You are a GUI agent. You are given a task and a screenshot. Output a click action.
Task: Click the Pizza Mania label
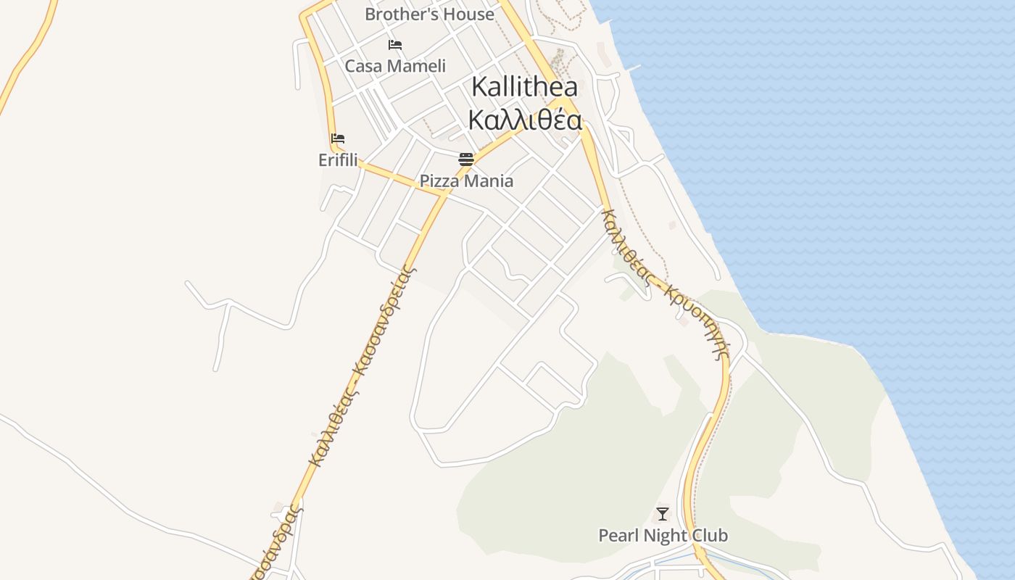click(x=466, y=181)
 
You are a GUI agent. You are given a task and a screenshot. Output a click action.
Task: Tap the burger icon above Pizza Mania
click(x=465, y=159)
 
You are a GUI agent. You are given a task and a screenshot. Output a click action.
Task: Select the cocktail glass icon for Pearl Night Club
click(x=662, y=514)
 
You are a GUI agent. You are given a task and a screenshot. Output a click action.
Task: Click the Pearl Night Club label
click(x=663, y=536)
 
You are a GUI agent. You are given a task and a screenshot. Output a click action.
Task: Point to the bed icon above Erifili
click(x=338, y=138)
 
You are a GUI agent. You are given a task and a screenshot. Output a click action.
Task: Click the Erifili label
click(x=338, y=159)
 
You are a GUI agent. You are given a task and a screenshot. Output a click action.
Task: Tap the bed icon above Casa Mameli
click(x=395, y=45)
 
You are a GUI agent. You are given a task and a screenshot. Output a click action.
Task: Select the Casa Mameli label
click(x=395, y=66)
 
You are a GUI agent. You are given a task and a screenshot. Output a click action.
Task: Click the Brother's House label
click(x=429, y=14)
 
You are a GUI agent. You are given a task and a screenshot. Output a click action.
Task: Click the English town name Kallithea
click(x=524, y=87)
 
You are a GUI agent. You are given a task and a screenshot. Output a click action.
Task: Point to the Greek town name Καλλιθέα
click(x=524, y=120)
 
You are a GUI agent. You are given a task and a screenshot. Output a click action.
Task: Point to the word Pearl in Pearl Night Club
click(x=618, y=536)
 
